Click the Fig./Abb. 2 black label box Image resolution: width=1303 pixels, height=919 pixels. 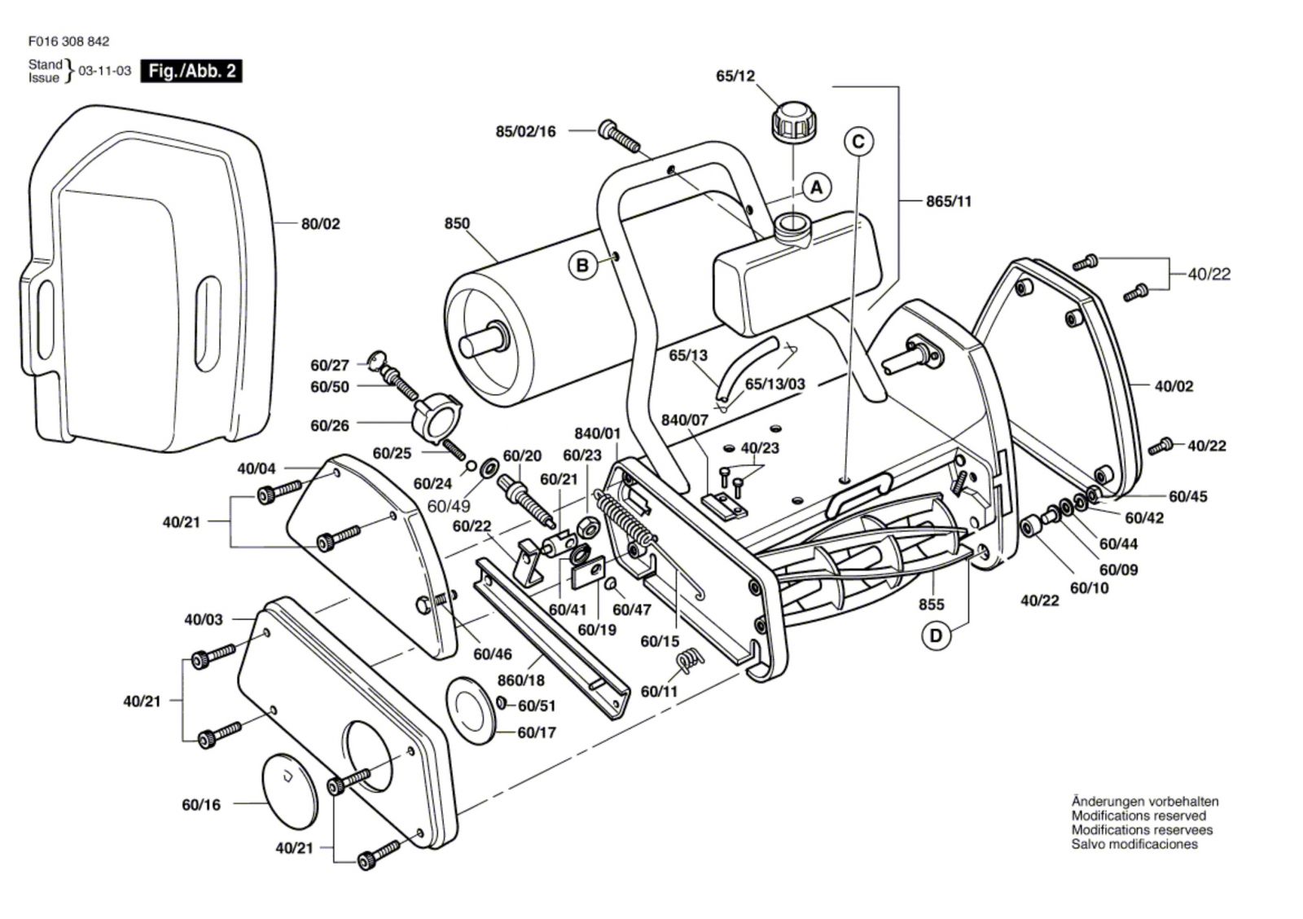point(191,71)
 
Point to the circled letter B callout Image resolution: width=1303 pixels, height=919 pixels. point(583,266)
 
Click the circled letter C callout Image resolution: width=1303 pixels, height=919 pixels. point(858,142)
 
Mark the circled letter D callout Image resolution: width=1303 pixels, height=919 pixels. point(936,635)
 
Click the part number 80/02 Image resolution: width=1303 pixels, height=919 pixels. point(321,224)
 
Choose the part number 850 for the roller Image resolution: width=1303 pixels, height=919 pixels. point(457,223)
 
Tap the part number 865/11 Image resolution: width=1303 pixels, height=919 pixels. point(949,200)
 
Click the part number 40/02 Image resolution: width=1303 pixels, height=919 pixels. point(1174,386)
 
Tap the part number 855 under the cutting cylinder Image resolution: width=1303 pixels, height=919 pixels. point(931,604)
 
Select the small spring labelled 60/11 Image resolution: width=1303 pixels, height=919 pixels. point(689,660)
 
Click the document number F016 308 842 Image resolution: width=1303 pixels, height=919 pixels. point(68,41)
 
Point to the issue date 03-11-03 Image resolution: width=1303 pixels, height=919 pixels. point(104,71)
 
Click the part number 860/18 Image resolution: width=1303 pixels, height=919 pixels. point(521,680)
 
